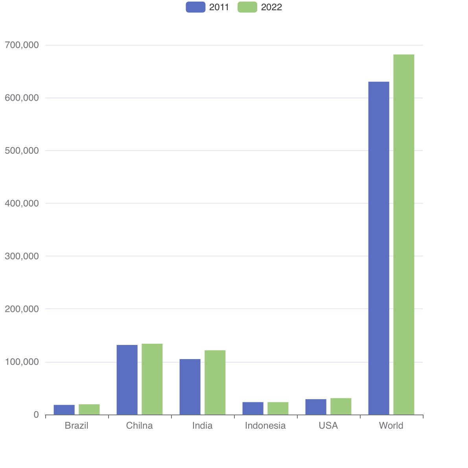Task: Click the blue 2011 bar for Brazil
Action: pyautogui.click(x=64, y=410)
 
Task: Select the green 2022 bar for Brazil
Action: pyautogui.click(x=89, y=409)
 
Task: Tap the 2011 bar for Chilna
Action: pyautogui.click(x=127, y=380)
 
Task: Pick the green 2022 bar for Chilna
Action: pyautogui.click(x=152, y=379)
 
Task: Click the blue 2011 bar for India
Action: pyautogui.click(x=190, y=387)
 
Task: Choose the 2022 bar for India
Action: pyautogui.click(x=215, y=382)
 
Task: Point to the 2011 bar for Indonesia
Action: pyautogui.click(x=253, y=408)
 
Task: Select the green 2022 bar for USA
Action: pyautogui.click(x=341, y=406)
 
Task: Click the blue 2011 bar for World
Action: pyautogui.click(x=379, y=248)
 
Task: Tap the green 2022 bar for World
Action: pyautogui.click(x=404, y=234)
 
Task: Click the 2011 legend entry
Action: pyautogui.click(x=207, y=7)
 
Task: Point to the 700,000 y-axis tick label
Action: pyautogui.click(x=22, y=45)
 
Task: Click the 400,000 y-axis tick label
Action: pyautogui.click(x=22, y=203)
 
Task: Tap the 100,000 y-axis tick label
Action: pyautogui.click(x=22, y=362)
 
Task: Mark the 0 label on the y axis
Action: pyautogui.click(x=36, y=415)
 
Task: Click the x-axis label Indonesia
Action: pyautogui.click(x=265, y=426)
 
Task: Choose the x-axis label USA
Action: pyautogui.click(x=328, y=426)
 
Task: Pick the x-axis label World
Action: pyautogui.click(x=391, y=426)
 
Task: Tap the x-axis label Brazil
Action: pyautogui.click(x=77, y=426)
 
